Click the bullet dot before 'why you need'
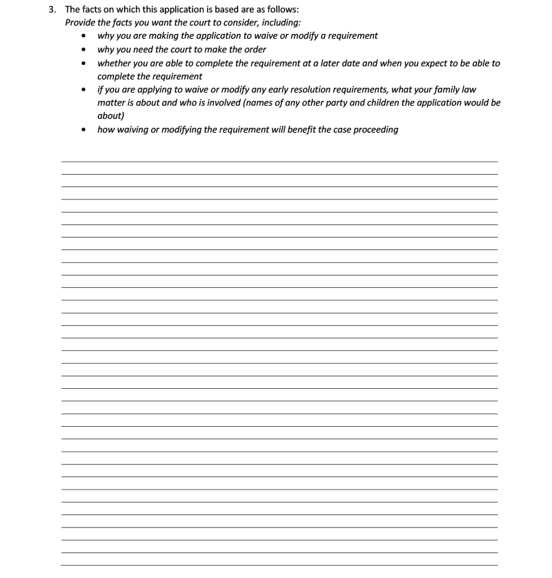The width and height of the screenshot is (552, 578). tap(84, 50)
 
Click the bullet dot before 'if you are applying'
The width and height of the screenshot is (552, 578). tap(84, 90)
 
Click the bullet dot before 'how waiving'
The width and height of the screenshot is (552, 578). tap(84, 130)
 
